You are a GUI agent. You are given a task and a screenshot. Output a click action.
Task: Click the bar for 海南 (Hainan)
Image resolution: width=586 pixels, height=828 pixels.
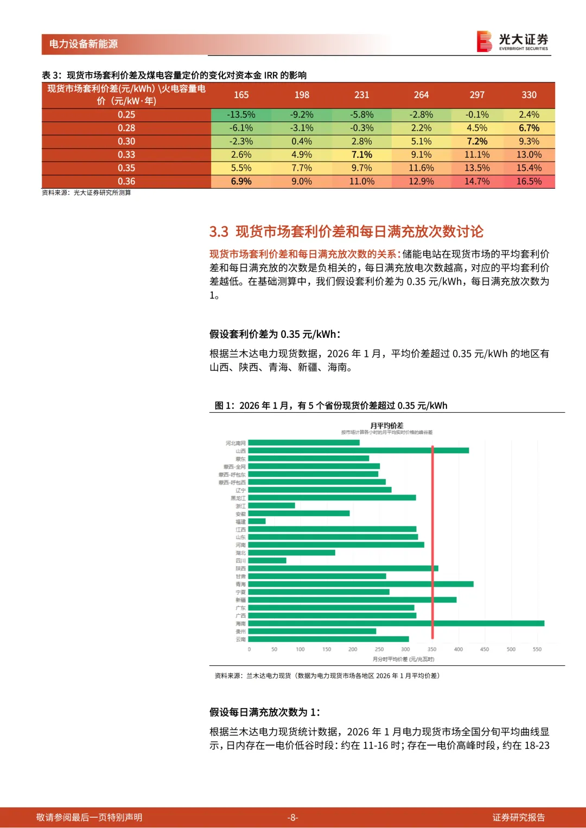coord(396,624)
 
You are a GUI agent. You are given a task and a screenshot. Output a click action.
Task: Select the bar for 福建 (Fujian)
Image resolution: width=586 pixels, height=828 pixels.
coord(257,521)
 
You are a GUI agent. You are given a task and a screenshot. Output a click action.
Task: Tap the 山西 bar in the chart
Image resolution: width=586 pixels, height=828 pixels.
coord(358,451)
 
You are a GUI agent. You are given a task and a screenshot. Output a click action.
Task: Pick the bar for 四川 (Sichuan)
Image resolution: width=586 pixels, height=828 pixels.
coord(267,561)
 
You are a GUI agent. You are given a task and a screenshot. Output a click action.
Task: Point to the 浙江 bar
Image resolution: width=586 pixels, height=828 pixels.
coord(271,505)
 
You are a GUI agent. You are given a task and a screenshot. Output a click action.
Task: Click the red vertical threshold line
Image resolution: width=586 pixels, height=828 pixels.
coord(432,542)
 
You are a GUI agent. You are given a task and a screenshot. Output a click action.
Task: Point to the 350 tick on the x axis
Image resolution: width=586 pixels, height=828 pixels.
coord(432,649)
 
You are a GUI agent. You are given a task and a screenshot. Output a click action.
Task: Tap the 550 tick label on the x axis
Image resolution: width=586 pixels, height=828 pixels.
coord(537,649)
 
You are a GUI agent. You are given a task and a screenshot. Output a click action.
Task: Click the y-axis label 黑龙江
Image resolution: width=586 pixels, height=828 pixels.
coord(238,498)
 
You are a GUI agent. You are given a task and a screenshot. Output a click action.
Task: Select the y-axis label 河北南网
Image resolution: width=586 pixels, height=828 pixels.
coord(235,443)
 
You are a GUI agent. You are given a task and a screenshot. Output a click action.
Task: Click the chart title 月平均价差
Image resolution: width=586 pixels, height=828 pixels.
coord(386,426)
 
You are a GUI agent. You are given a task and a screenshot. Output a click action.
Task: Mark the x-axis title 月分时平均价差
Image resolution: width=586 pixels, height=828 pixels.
coord(403,659)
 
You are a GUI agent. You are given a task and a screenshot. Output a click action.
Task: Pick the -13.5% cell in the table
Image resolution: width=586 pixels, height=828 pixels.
coord(241,115)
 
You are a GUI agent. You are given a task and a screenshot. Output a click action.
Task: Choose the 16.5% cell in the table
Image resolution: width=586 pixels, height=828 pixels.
coord(528,182)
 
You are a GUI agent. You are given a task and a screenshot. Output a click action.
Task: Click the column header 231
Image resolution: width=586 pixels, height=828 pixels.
coord(361,95)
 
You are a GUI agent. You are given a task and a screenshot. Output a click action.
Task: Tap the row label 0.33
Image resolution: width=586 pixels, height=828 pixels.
coord(126,155)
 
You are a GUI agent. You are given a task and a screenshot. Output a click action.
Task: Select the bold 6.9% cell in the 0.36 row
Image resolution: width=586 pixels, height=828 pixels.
coord(241,182)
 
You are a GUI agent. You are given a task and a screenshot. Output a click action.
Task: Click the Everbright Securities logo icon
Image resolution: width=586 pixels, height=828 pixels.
coord(484,41)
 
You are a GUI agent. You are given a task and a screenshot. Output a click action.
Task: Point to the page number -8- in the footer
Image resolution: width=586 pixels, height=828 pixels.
coord(292,818)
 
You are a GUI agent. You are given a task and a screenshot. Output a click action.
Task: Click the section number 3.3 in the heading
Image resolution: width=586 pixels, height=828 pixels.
coord(219,232)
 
